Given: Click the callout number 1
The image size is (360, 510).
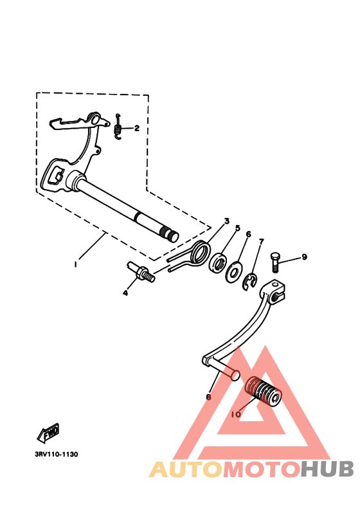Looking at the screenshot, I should coord(75,264).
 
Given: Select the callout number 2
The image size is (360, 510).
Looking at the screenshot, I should coord(136,127).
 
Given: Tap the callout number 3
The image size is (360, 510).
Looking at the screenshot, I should coord(227,222).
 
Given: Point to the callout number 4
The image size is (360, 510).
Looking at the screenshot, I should coord(125,293).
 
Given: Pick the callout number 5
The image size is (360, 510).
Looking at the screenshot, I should coord(237,228).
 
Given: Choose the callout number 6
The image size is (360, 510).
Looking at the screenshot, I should coord(248,234).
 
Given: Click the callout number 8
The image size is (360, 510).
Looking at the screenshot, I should coord(208,397).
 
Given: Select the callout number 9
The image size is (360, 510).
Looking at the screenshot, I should coord(305,257).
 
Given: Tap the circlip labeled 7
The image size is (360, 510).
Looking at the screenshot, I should coord(251,280).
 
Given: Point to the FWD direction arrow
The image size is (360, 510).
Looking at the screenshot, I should coord(48,433).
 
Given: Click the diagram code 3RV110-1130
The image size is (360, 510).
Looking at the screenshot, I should coord(57,454).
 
